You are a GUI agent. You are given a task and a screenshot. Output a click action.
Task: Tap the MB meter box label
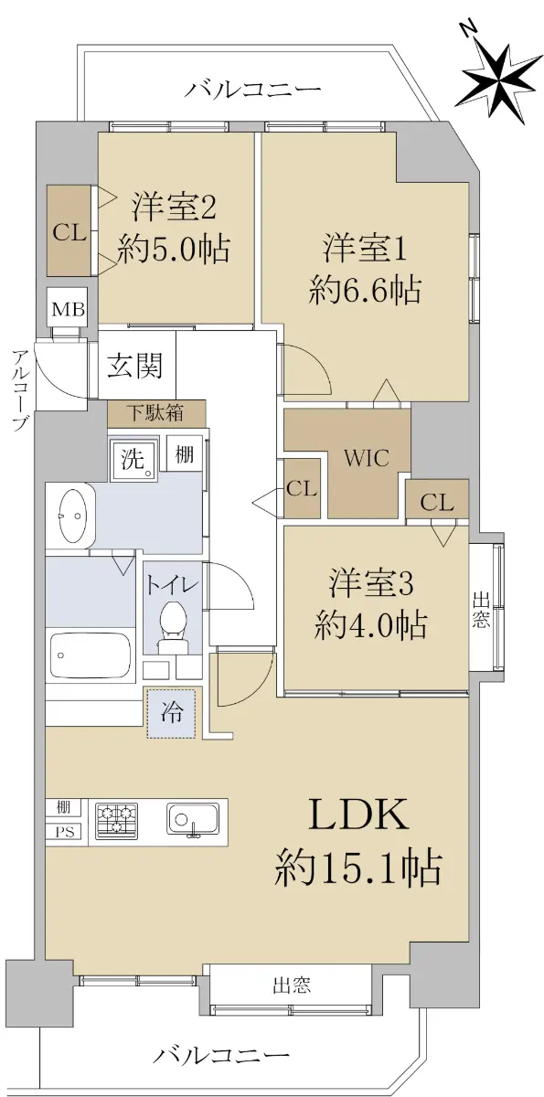tap(69, 310)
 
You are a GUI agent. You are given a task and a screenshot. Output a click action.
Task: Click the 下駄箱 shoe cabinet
tap(156, 413)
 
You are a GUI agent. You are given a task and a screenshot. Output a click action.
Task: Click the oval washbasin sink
tap(72, 517)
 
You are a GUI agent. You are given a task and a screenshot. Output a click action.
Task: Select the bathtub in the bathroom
tap(91, 655)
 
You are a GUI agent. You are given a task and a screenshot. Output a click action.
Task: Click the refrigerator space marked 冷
tap(172, 714)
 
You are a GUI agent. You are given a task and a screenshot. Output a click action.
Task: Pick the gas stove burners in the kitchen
tap(115, 818)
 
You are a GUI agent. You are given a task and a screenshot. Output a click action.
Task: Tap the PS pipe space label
tap(65, 832)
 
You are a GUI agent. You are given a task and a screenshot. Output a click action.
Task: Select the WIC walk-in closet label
tap(367, 458)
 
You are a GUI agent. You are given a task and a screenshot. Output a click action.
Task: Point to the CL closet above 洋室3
tap(437, 503)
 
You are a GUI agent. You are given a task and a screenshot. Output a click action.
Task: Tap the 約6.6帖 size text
tap(365, 291)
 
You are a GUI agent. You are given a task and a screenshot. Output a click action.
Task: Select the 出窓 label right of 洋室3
tap(481, 610)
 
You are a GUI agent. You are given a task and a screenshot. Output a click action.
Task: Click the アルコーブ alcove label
tap(19, 390)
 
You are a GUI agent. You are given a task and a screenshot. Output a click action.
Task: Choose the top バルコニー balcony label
tap(253, 90)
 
